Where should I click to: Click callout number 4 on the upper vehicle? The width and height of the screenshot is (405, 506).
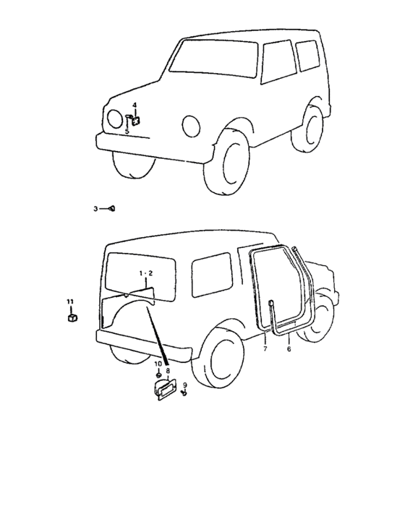coord(135,106)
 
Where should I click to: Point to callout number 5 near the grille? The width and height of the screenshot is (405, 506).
coord(127,131)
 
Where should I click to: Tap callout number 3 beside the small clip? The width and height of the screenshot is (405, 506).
coord(95,209)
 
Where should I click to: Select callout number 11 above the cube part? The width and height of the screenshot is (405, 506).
coord(70,301)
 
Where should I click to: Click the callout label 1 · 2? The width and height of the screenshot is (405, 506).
coord(146,273)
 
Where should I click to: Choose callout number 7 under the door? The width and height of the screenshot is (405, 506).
coord(265,348)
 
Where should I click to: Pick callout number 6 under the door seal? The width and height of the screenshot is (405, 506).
coord(289,348)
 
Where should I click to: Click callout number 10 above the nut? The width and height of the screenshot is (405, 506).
coord(158,364)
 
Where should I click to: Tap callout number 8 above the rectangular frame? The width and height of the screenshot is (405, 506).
coord(168,371)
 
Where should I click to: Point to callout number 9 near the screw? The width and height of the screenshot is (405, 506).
coord(185,385)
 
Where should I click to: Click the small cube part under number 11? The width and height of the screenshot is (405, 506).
coord(72,318)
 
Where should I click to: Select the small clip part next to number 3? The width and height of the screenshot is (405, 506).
coord(112,208)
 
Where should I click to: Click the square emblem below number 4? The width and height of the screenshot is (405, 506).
coord(136,121)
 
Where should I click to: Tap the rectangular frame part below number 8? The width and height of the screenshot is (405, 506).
coord(166,390)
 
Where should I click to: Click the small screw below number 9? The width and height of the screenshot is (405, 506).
coord(184,393)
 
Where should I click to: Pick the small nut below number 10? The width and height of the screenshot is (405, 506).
coord(158,375)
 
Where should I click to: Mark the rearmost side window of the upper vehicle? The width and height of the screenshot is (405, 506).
coord(308,56)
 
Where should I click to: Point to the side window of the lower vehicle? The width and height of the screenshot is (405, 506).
coord(212,275)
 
